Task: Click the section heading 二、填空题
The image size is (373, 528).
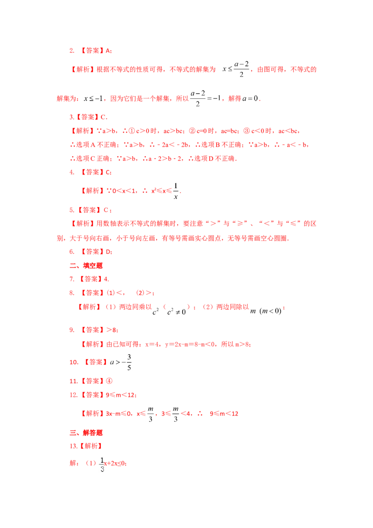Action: [86, 266]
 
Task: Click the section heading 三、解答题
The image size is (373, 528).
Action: [86, 433]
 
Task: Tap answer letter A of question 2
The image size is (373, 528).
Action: [108, 51]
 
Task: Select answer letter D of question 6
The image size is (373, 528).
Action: [108, 252]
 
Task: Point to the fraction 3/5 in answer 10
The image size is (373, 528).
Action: [129, 362]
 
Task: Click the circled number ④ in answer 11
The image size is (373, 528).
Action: [109, 381]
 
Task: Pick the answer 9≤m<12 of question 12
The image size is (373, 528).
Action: [120, 395]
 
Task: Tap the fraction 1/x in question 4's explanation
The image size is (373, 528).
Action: [176, 191]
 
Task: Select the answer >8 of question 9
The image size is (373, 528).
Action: [111, 330]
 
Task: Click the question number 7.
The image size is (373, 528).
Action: [72, 279]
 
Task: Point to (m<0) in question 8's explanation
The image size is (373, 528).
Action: [271, 311]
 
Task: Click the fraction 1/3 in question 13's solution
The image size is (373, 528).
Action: [102, 465]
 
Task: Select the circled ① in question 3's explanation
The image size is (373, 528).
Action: [132, 131]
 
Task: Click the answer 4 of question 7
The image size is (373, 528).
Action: [106, 279]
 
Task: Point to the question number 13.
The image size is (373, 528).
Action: [73, 446]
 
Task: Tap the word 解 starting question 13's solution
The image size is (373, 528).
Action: [73, 463]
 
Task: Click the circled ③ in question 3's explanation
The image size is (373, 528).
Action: [247, 131]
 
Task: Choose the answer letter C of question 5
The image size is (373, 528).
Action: [106, 210]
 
